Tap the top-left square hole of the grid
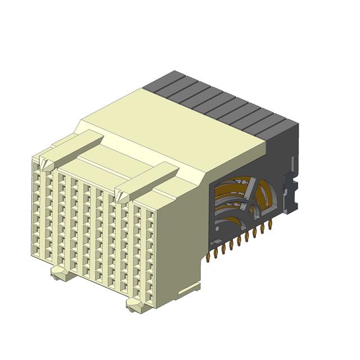click(x=36, y=165)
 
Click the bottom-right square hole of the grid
click(x=149, y=294)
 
